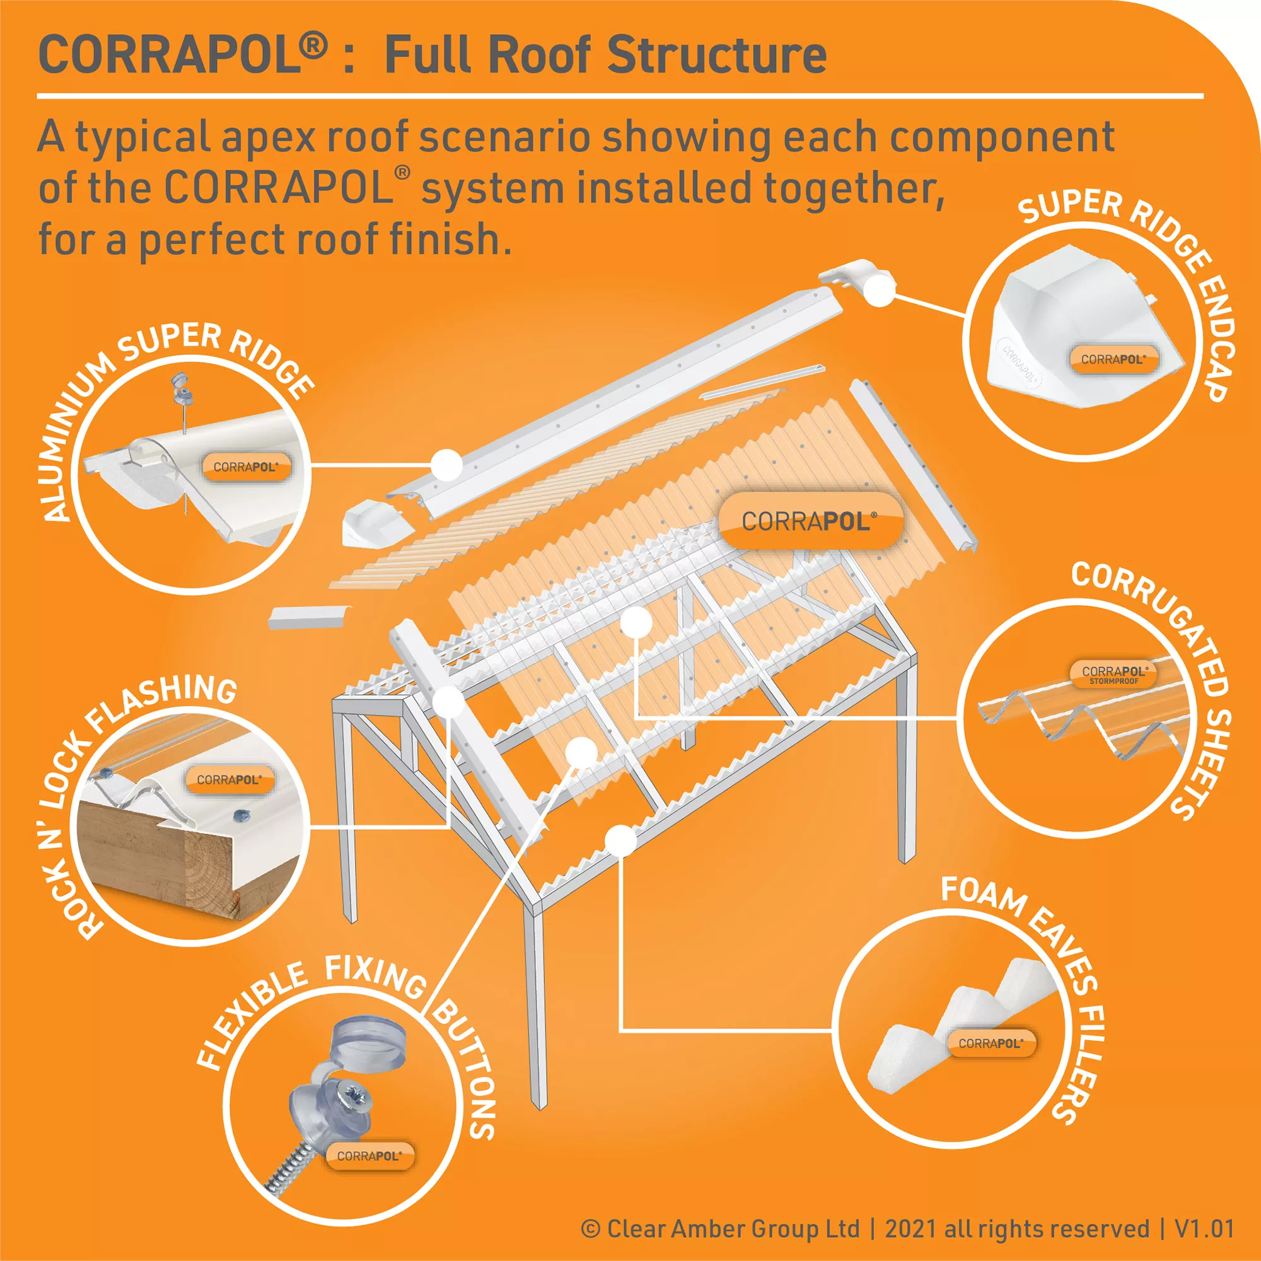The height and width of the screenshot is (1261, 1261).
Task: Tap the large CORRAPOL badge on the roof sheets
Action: point(810,520)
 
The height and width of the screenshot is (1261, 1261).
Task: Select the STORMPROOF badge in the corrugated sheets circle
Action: point(1113,675)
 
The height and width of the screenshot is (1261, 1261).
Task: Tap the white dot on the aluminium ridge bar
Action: point(446,465)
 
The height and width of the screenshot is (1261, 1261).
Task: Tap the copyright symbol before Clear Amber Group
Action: point(590,1229)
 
